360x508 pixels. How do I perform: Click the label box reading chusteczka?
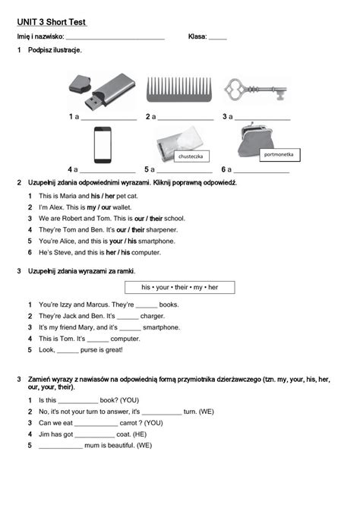pos(191,156)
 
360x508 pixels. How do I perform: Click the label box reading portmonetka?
pos(280,154)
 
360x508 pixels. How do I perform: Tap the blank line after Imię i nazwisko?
pos(115,37)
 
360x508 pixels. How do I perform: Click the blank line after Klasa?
pos(217,37)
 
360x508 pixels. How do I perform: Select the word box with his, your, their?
pos(179,287)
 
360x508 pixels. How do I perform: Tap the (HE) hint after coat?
pos(142,434)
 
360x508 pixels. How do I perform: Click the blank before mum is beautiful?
pos(61,446)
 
